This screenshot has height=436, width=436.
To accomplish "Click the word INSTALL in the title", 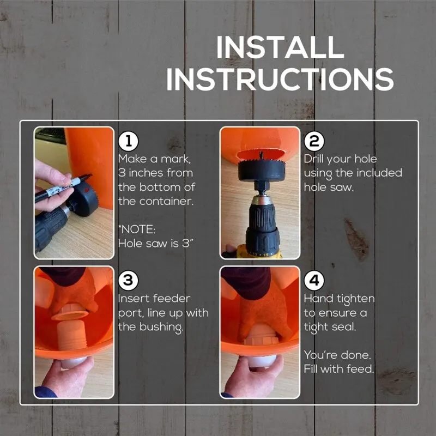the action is click(280, 47).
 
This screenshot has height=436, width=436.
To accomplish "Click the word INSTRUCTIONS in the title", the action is click(280, 79).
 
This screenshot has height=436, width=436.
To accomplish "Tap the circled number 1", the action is click(128, 142).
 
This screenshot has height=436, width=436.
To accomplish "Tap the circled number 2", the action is click(314, 142).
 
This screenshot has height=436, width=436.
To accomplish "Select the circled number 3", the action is click(128, 280).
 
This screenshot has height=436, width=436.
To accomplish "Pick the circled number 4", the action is click(314, 280).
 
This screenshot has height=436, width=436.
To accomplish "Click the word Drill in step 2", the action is click(314, 159).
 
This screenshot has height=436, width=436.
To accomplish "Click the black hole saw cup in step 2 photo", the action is click(262, 170).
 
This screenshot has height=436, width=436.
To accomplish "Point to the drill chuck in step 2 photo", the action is click(262, 225).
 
